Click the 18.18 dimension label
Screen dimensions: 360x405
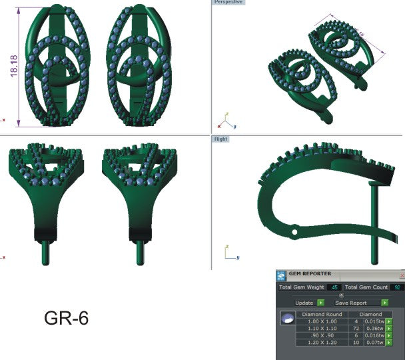click(x=13, y=67)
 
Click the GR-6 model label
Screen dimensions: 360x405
click(x=66, y=319)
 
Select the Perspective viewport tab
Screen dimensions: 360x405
click(x=228, y=3)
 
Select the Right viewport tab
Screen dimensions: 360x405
click(x=221, y=139)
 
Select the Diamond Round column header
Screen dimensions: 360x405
click(x=322, y=313)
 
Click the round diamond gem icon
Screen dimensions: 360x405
click(x=288, y=321)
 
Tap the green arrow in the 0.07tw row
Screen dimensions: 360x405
click(x=389, y=343)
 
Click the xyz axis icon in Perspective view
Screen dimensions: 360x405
click(x=226, y=121)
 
